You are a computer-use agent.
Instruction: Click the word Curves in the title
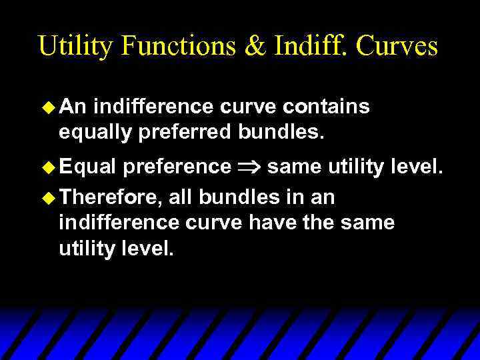(397, 46)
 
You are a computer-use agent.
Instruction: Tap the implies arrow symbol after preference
(249, 166)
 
